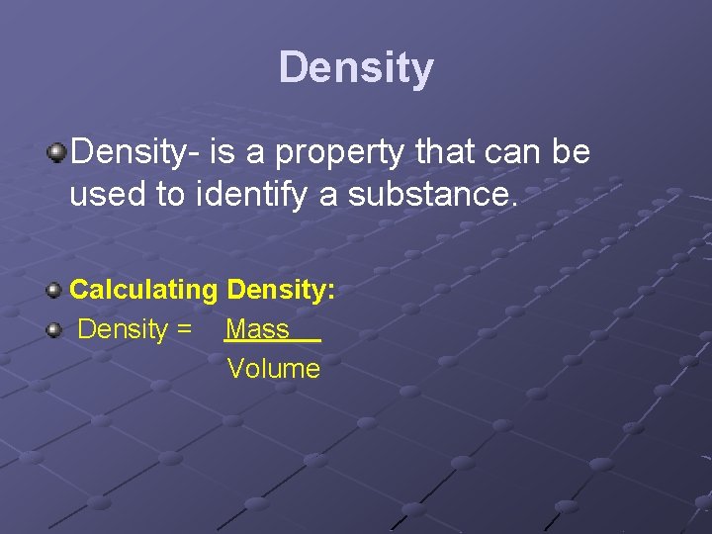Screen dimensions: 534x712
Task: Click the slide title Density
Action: point(356,68)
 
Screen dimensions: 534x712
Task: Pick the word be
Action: point(573,152)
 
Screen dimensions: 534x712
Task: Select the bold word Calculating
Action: point(142,290)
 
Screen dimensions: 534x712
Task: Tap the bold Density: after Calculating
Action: point(281,290)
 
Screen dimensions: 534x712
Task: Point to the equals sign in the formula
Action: point(183,329)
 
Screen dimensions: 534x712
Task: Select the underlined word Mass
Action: point(257,329)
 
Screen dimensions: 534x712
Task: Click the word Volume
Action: point(274,369)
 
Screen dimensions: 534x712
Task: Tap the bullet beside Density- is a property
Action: point(57,152)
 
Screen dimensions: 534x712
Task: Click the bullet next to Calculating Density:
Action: point(56,290)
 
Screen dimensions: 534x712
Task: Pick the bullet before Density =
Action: point(56,329)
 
